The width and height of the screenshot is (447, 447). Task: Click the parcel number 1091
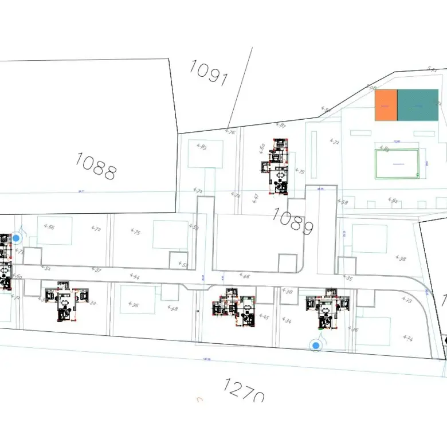click(209, 73)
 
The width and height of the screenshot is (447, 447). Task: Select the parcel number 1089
click(293, 221)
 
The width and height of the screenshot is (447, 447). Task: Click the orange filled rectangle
click(386, 105)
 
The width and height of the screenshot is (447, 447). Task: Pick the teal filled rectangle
click(418, 105)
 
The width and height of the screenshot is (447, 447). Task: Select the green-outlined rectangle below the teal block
click(397, 164)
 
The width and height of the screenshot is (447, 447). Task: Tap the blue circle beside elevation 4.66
click(16, 238)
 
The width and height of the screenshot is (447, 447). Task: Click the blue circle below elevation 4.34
click(315, 345)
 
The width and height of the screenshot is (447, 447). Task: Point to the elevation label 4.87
click(281, 125)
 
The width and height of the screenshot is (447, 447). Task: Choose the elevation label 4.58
click(343, 202)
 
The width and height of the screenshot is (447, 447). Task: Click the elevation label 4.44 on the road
click(135, 276)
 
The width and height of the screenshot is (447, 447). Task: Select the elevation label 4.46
click(245, 276)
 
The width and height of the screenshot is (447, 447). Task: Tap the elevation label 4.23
click(407, 300)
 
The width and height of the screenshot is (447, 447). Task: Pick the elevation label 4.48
click(172, 308)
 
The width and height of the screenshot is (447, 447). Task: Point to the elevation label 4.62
click(393, 201)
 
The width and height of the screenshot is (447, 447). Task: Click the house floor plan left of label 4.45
click(234, 309)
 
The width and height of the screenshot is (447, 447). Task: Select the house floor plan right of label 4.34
click(327, 309)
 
